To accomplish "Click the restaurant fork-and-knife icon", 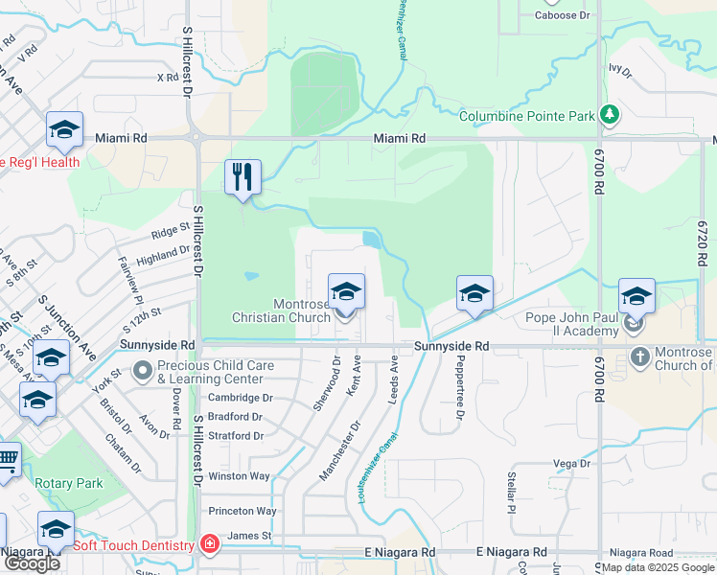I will [x=243, y=176].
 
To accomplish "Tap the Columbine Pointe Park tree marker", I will [x=609, y=115].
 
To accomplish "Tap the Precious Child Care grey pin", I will [x=143, y=370].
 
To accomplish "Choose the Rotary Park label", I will [x=69, y=483].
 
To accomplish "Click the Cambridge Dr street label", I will [x=241, y=398].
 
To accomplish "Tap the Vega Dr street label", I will [x=570, y=464].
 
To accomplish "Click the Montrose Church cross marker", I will [x=640, y=358].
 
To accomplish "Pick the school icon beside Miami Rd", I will [x=64, y=129].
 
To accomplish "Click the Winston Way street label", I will [x=240, y=475].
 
